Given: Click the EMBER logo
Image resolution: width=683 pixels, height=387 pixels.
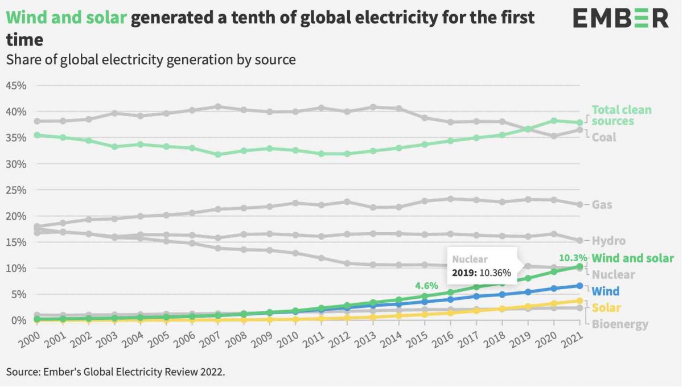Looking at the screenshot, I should click(x=621, y=18).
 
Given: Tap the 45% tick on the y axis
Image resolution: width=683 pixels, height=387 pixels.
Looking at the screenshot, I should click(x=17, y=85).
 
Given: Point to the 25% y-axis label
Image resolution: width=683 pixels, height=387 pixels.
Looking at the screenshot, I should click(x=17, y=190).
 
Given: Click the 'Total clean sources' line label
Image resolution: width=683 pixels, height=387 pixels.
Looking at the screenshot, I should click(x=621, y=115).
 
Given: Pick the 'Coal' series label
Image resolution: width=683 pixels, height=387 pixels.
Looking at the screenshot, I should click(x=604, y=137).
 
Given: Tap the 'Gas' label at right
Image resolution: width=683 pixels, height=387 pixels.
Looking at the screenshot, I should click(x=602, y=204).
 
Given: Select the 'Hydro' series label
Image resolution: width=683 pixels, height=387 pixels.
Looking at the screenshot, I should click(x=608, y=241).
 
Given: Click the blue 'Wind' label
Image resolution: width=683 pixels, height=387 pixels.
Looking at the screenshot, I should click(x=606, y=291).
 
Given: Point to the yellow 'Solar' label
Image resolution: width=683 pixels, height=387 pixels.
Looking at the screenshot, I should click(x=606, y=308).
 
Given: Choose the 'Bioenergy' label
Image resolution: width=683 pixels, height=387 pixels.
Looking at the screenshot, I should click(x=620, y=324).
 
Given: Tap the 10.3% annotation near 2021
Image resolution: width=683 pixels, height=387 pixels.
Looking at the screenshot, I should click(x=573, y=257).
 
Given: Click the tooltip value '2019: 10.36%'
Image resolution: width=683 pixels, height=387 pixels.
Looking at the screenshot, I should click(x=482, y=273).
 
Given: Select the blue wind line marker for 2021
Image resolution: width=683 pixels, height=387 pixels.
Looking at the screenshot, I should click(x=580, y=286).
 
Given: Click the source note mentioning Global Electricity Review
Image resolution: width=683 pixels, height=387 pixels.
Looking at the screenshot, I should click(x=116, y=372).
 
